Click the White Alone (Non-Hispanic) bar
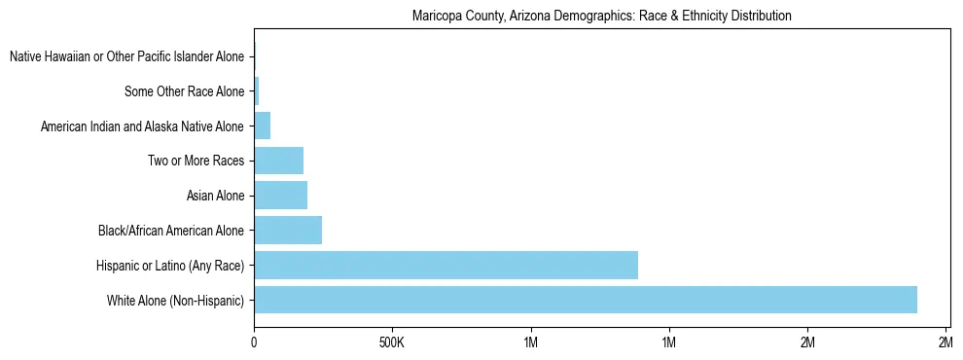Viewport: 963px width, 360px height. coord(585,300)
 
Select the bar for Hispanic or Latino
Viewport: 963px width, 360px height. coord(446,265)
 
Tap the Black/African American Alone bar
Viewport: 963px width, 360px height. coord(288,231)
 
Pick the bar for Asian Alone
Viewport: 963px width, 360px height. coord(280,196)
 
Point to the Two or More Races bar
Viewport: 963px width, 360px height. coord(278,161)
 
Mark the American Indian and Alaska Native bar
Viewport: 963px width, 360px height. coord(262,126)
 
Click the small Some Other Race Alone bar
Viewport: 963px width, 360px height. coord(257,91)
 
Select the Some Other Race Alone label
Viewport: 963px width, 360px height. coord(184,91)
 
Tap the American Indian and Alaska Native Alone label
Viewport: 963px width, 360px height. coord(142,126)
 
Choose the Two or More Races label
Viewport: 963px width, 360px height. coord(196,161)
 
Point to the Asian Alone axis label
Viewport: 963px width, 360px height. coord(215,196)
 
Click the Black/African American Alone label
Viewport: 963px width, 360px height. coord(171,231)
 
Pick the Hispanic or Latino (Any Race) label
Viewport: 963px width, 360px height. coord(170,265)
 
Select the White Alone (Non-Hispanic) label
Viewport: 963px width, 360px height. coord(176,300)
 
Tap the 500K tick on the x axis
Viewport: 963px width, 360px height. coord(392,342)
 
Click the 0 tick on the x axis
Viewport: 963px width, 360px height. coord(254,342)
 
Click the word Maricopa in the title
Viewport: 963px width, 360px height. coord(437,17)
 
